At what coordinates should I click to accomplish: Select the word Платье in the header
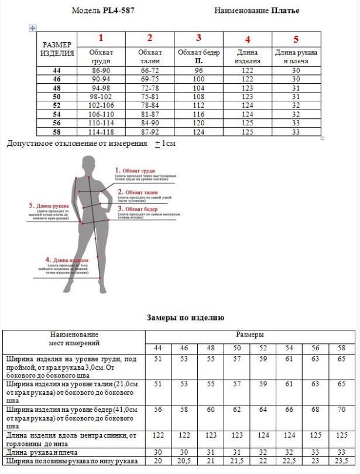(x=285, y=11)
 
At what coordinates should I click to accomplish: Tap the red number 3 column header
(x=198, y=38)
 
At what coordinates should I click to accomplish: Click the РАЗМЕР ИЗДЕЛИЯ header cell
(x=57, y=49)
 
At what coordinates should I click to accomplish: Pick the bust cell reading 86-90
(x=101, y=70)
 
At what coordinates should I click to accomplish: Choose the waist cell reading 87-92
(x=149, y=132)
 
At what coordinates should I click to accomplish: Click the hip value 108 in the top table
(x=198, y=96)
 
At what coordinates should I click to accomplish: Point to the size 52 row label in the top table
(x=57, y=105)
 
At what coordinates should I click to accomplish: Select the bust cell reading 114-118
(x=101, y=132)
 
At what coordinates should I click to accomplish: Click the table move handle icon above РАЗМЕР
(x=33, y=28)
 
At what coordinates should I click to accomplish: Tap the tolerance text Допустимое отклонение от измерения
(x=77, y=143)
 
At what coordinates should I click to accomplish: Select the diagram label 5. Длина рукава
(x=49, y=206)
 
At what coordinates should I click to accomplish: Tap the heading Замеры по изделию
(x=185, y=318)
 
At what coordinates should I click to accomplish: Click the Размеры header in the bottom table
(x=249, y=335)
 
